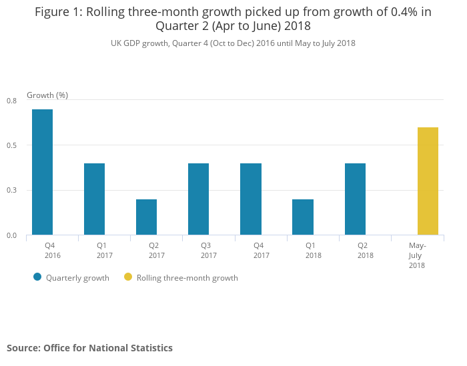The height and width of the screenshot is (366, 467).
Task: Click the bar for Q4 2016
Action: (42, 172)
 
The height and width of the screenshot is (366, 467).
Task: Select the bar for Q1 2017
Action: (94, 199)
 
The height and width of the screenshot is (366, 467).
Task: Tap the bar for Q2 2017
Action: (146, 217)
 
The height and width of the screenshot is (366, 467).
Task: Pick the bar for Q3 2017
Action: (198, 199)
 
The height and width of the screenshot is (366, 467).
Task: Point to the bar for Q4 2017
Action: (250, 199)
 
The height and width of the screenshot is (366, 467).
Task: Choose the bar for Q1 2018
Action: (302, 217)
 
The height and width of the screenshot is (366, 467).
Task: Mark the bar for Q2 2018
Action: (355, 199)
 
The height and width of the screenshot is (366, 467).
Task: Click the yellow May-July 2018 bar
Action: (428, 181)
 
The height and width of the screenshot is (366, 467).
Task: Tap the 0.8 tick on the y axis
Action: (12, 101)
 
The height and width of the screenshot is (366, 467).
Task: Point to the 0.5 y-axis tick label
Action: (12, 145)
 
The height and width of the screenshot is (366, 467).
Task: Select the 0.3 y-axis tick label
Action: (12, 191)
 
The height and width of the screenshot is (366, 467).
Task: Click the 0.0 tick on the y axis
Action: (12, 235)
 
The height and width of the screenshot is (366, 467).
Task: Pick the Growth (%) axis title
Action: (47, 95)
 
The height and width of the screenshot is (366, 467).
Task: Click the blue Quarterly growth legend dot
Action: (37, 277)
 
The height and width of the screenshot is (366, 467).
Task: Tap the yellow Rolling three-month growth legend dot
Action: (128, 277)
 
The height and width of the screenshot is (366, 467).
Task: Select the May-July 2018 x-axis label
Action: (417, 255)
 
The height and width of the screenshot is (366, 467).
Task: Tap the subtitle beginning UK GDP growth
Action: (233, 43)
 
